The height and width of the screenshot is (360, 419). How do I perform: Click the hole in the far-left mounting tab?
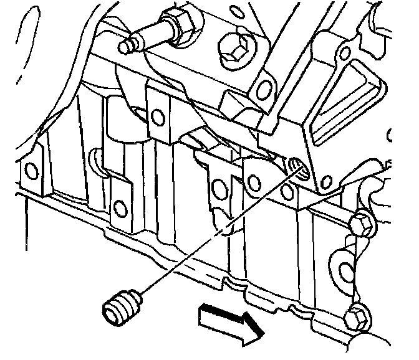click(x=29, y=169)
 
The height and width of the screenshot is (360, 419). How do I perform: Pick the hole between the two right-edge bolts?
click(x=347, y=271)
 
